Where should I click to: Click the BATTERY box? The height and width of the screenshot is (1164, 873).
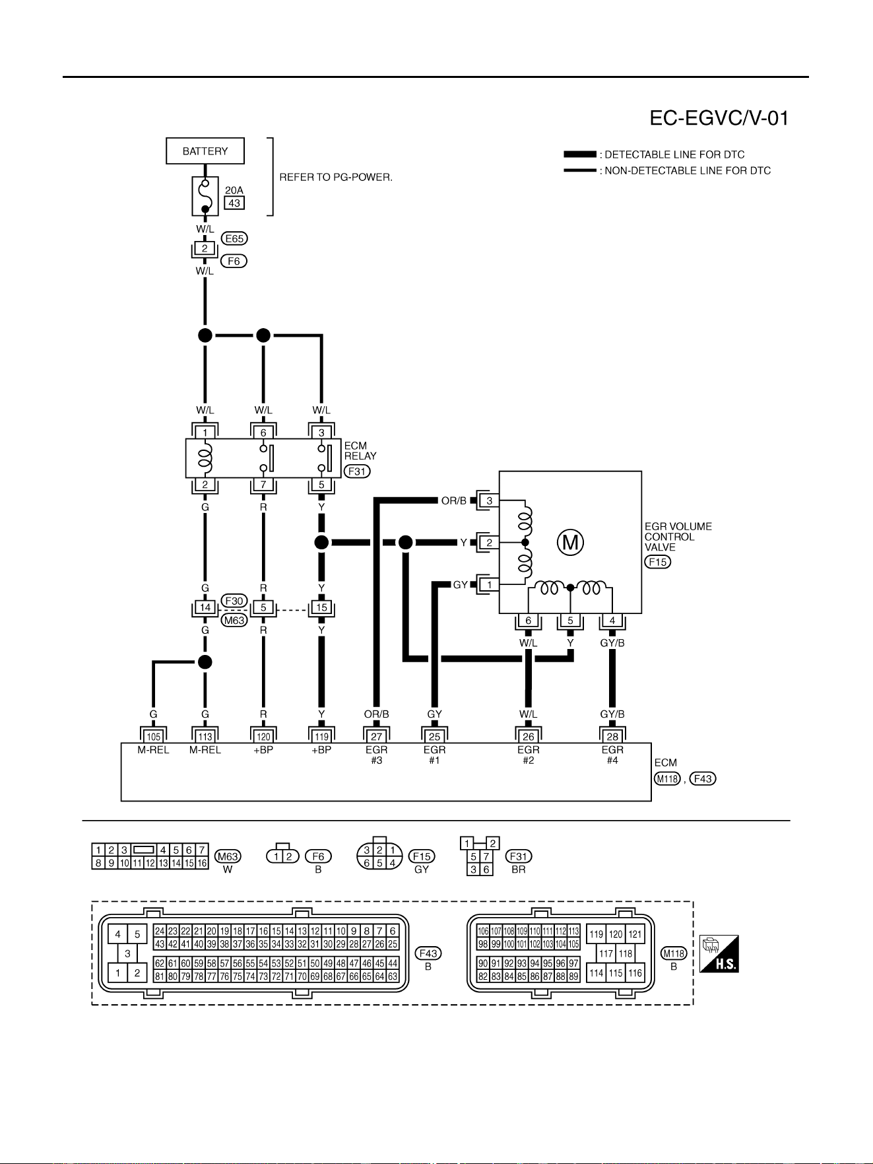[x=205, y=151]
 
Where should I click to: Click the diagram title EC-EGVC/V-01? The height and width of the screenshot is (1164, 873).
[x=719, y=118]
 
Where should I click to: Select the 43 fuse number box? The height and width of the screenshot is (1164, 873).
[x=234, y=203]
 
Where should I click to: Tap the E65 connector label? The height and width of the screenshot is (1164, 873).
[x=234, y=238]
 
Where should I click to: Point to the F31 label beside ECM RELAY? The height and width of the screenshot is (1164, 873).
[x=357, y=471]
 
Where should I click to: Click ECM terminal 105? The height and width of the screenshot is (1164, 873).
[x=153, y=737]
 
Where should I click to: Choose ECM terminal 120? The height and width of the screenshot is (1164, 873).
[x=263, y=737]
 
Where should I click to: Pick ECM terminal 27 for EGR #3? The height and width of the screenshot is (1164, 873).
[x=376, y=737]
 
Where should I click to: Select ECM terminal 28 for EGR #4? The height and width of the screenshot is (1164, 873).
[x=612, y=737]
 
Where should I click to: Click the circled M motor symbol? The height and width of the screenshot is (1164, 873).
[x=570, y=543]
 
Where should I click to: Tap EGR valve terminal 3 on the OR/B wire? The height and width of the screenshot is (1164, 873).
[x=490, y=500]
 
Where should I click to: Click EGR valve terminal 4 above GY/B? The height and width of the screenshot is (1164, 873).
[x=612, y=621]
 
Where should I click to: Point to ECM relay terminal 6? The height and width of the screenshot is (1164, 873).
[x=263, y=433]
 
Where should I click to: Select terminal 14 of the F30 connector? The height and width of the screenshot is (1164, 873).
[x=205, y=607]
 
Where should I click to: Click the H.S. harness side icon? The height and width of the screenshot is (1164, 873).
[x=719, y=953]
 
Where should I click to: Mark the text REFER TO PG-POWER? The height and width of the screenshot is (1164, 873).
[x=336, y=177]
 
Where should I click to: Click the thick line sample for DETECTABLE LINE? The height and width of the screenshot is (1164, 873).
[x=580, y=154]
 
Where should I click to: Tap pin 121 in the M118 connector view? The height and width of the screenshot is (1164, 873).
[x=635, y=934]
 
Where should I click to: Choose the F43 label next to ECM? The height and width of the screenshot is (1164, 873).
[x=703, y=779]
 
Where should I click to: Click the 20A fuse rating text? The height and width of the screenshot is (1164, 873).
[x=234, y=190]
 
